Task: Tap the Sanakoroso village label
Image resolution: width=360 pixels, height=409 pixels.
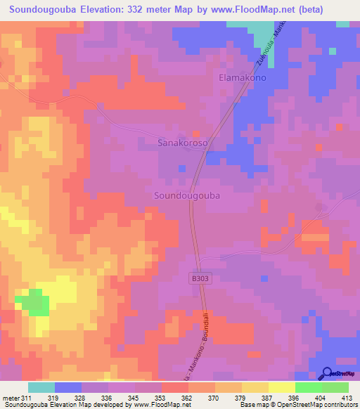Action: (x=182, y=142)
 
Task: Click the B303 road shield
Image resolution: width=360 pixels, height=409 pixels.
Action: (x=201, y=279)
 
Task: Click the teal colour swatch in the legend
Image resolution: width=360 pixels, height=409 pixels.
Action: (x=41, y=387)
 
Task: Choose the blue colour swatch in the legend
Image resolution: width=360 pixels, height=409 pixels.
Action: (x=68, y=387)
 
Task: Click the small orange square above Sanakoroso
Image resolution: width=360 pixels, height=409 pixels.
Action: (x=197, y=133)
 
